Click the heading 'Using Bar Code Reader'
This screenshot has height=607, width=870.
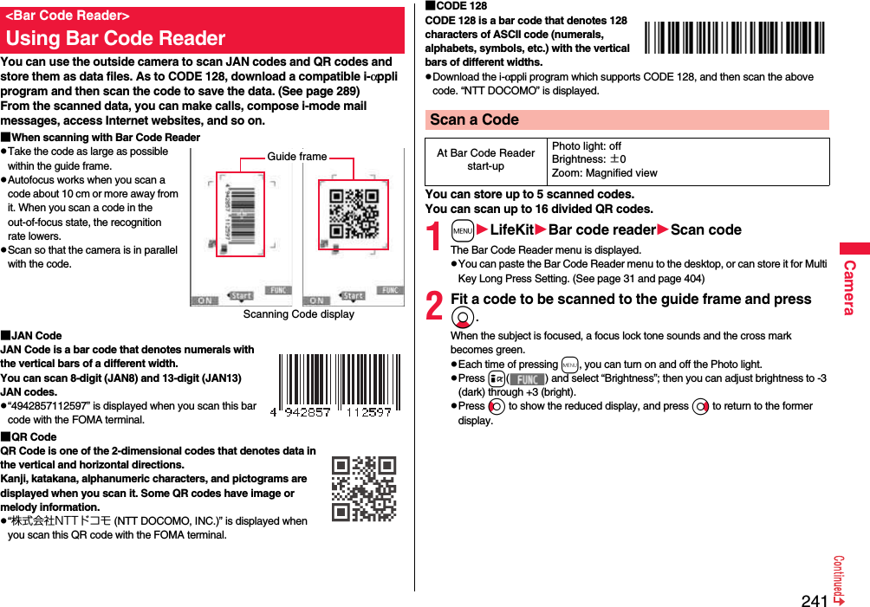[115, 38]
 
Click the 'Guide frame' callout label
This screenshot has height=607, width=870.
[297, 157]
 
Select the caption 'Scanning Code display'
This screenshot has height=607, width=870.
[298, 314]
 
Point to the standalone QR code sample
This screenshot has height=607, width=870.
[364, 488]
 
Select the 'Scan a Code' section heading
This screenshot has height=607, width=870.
[474, 119]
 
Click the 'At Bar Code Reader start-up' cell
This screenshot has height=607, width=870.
[485, 160]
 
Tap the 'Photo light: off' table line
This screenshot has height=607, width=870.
[587, 146]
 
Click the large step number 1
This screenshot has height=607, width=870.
[436, 236]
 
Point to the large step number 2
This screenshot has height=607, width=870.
[436, 307]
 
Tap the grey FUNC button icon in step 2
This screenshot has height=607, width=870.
[527, 378]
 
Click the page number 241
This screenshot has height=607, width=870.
[815, 600]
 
